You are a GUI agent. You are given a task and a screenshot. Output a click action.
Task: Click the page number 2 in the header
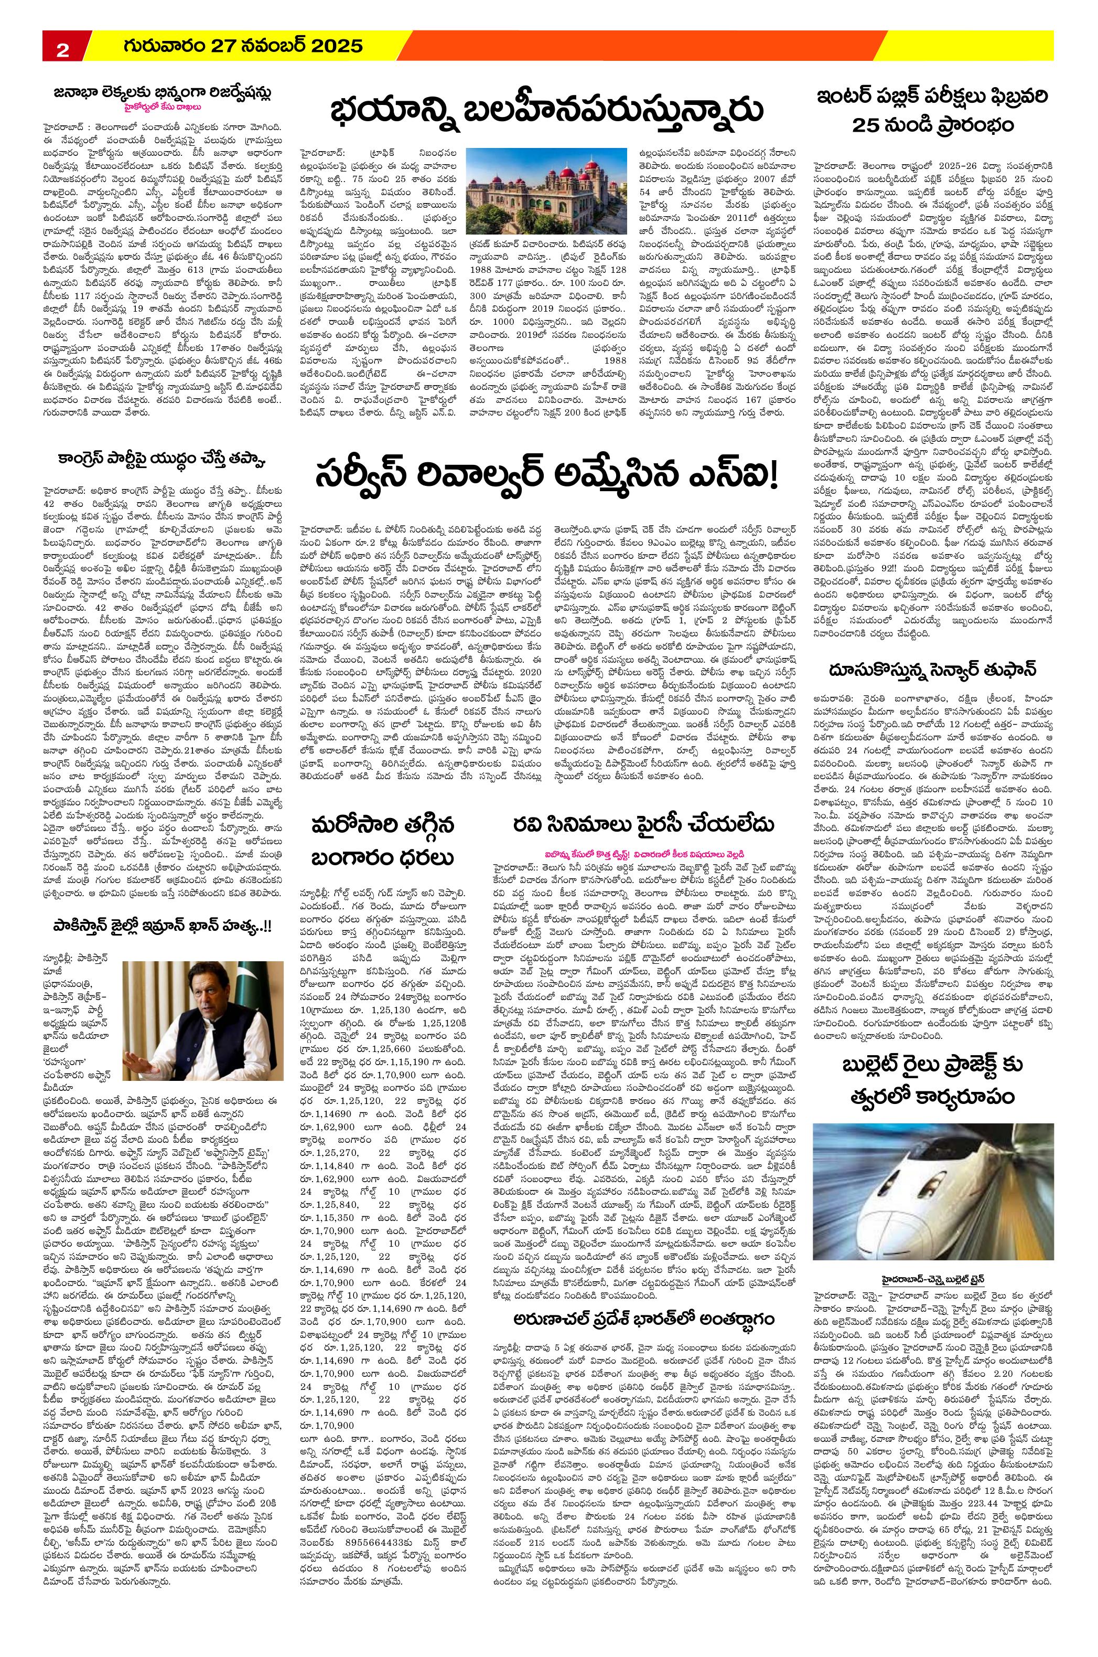62,49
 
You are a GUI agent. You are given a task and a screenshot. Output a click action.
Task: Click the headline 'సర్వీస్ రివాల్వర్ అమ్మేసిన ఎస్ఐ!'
547,477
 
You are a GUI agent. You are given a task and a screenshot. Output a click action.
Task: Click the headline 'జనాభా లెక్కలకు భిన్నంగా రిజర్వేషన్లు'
164,93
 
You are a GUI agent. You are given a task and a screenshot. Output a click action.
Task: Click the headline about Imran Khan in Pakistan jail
164,946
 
